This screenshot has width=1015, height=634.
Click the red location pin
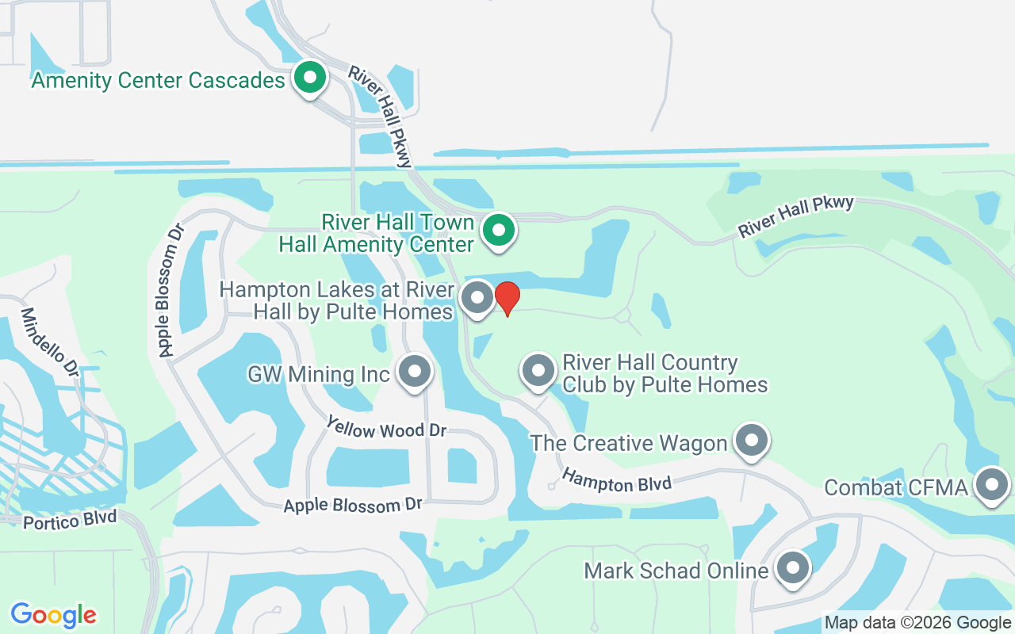507,298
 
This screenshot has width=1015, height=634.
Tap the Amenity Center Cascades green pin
310,78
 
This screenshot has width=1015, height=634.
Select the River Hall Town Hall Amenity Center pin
499,231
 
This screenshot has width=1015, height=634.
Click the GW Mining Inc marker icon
414,371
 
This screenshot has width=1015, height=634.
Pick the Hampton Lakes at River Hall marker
477,298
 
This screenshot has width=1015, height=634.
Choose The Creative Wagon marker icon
752,439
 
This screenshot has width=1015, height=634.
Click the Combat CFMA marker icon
990,484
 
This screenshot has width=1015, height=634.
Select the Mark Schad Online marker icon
792,567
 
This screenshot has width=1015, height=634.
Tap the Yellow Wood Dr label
387,430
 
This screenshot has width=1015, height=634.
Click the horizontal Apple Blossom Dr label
353,504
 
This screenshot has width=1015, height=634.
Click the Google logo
54,615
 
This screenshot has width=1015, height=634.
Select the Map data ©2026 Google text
917,623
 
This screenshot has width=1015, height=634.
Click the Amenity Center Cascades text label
158,80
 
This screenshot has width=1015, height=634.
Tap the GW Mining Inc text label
319,373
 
